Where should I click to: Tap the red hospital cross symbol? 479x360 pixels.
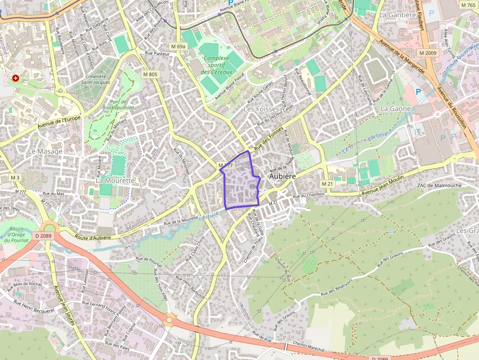point(16,78)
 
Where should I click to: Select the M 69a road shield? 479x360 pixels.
point(178,46)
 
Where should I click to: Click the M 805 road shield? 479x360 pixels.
point(150,74)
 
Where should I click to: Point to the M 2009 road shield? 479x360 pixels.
point(428,52)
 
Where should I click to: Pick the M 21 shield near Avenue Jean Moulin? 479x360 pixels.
point(327,183)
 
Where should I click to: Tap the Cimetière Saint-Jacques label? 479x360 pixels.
point(95,79)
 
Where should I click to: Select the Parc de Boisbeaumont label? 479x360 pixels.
point(119,105)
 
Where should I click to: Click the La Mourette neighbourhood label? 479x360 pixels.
point(115,180)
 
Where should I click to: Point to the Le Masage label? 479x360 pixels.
point(45,151)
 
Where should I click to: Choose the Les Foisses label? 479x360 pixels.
point(261,109)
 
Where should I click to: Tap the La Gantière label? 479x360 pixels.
point(397,15)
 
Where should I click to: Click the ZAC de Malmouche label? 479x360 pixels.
point(439,186)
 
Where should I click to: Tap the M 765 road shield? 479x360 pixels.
point(468,5)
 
